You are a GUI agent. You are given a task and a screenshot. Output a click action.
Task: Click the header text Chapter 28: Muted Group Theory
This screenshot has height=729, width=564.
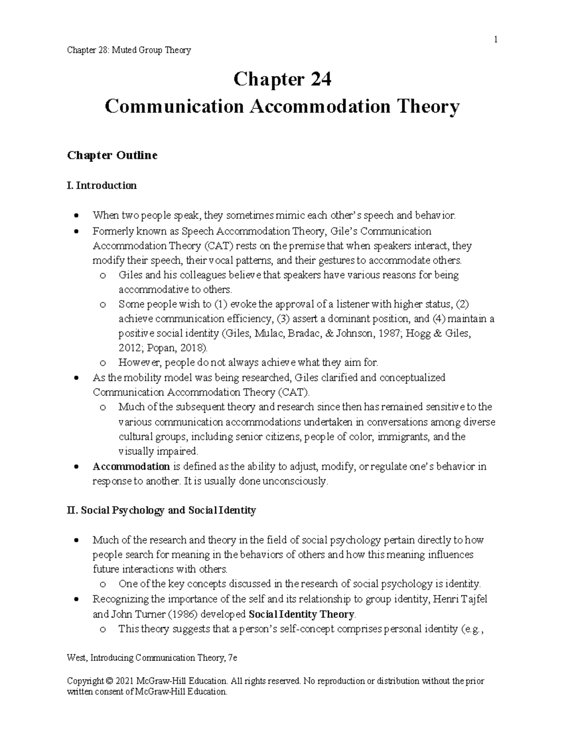coord(129,50)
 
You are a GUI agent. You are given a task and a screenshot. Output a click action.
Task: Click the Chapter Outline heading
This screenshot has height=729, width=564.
coord(112,155)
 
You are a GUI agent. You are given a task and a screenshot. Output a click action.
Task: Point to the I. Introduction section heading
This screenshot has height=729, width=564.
coord(102,185)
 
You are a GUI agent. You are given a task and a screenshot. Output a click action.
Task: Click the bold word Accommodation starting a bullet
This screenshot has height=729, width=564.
coord(131,467)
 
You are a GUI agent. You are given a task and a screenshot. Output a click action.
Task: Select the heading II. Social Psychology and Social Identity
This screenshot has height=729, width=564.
coord(162,510)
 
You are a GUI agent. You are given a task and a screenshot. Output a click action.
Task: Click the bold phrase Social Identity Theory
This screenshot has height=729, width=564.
coord(301,614)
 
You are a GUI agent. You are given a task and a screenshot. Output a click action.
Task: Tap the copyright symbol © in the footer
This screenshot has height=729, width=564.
coord(110,681)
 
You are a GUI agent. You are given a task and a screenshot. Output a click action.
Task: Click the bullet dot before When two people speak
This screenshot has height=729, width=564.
coord(76,216)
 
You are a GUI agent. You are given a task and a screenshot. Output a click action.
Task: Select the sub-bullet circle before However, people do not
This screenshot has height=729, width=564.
coord(103,363)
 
